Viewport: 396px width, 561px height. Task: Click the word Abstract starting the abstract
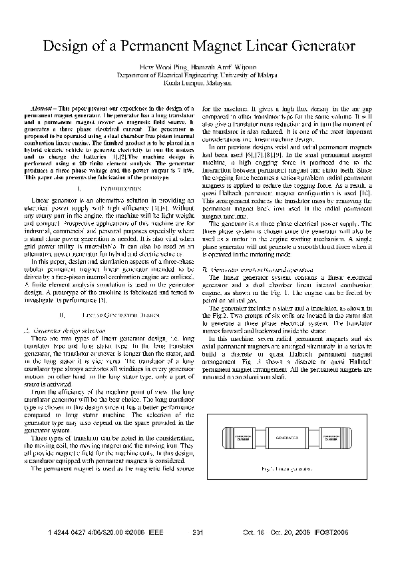coord(44,108)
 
